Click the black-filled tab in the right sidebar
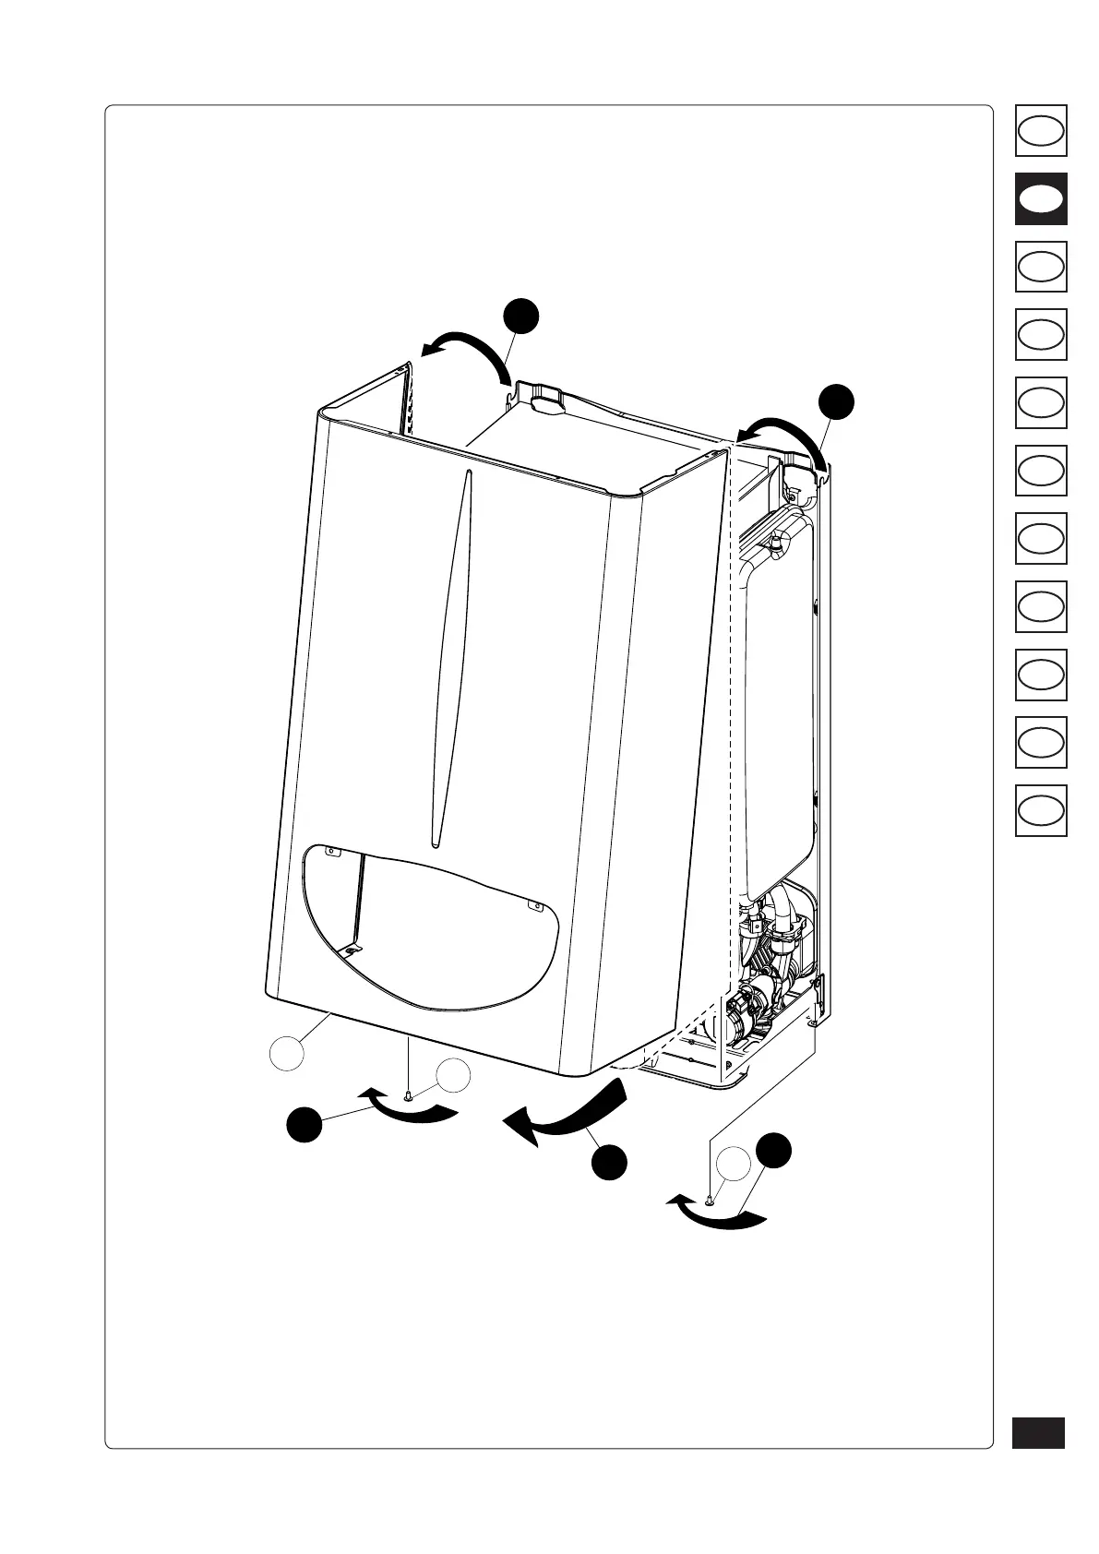tap(1041, 198)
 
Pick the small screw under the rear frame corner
tap(708, 1201)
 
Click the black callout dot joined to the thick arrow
tap(610, 1162)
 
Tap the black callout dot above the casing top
tap(521, 316)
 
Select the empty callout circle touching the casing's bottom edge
tap(287, 1053)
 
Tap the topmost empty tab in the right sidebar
tap(1041, 130)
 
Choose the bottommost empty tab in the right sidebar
tap(1041, 810)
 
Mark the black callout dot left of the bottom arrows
tap(304, 1127)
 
